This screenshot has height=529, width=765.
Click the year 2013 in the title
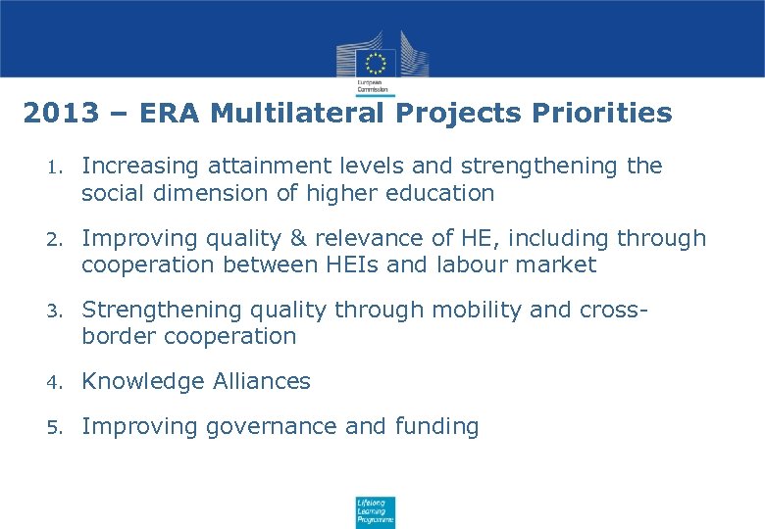coord(60,114)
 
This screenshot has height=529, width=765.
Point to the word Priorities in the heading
coord(601,114)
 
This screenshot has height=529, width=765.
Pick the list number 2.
coord(55,239)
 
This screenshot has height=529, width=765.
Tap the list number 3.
coord(55,311)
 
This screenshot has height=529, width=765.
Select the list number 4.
coord(55,382)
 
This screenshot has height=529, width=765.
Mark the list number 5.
coord(55,427)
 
